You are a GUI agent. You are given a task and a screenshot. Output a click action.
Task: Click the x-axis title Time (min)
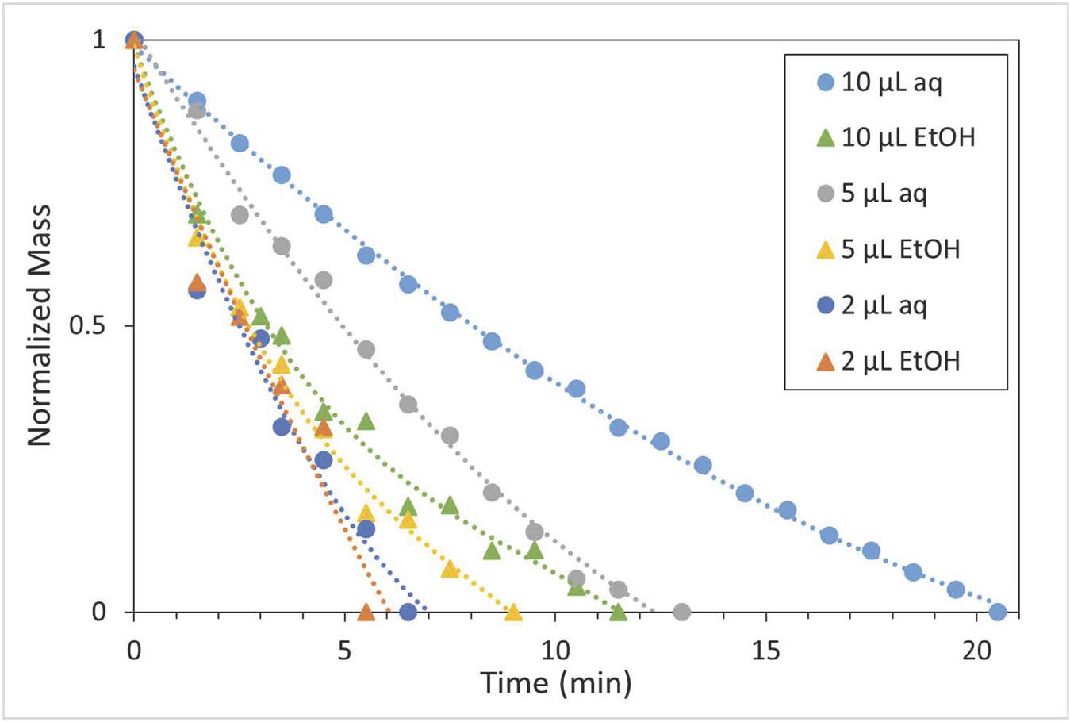point(556,682)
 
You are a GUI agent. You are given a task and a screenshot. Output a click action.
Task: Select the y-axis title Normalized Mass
point(39,325)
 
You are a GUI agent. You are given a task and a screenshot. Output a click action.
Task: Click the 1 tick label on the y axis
point(99,40)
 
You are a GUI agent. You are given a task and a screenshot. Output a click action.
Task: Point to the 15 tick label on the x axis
point(765,651)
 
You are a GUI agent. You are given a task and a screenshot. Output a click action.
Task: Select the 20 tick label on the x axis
point(976,651)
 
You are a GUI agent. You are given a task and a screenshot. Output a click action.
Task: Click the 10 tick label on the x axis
point(555,651)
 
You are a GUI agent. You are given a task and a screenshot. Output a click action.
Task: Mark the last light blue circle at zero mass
point(998,612)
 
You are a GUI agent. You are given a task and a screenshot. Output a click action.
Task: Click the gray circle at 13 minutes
point(681,612)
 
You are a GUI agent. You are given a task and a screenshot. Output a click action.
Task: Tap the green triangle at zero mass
point(618,612)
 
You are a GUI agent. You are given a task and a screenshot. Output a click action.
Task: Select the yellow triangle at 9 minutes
point(513,612)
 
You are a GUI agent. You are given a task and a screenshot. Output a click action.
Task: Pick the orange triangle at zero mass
point(366,612)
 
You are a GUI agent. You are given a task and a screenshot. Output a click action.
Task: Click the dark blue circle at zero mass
point(408,612)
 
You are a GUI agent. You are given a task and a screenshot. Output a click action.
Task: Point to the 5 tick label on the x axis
point(344,651)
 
